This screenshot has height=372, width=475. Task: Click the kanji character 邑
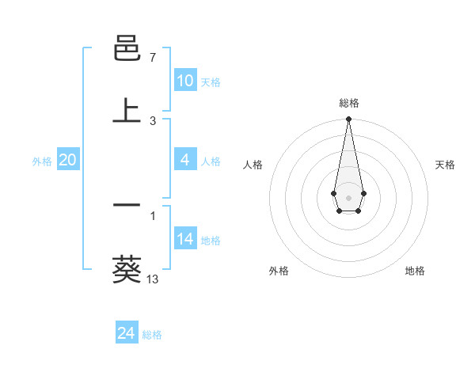click(x=127, y=50)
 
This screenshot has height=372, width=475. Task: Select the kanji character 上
click(x=127, y=112)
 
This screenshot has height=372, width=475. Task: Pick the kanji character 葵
click(x=127, y=269)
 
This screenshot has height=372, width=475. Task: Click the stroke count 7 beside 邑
click(x=152, y=58)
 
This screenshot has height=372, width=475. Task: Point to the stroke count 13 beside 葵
click(x=153, y=279)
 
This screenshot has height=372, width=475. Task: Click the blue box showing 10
click(x=184, y=81)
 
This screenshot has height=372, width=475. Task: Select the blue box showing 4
click(x=184, y=160)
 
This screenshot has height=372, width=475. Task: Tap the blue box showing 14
click(x=184, y=239)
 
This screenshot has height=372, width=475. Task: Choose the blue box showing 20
click(x=67, y=160)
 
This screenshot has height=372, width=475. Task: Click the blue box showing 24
click(x=126, y=333)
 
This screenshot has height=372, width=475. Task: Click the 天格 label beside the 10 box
click(x=211, y=82)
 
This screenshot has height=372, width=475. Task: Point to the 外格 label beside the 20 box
click(x=42, y=161)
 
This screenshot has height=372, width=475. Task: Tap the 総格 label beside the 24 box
click(x=152, y=335)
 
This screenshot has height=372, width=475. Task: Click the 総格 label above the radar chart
click(x=349, y=103)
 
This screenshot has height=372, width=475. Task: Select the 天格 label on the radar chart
click(x=446, y=165)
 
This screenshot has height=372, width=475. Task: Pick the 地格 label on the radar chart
click(x=415, y=271)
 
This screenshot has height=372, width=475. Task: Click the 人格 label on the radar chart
click(x=253, y=165)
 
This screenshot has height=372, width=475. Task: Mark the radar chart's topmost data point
click(x=348, y=119)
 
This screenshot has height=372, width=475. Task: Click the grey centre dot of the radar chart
click(x=348, y=196)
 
